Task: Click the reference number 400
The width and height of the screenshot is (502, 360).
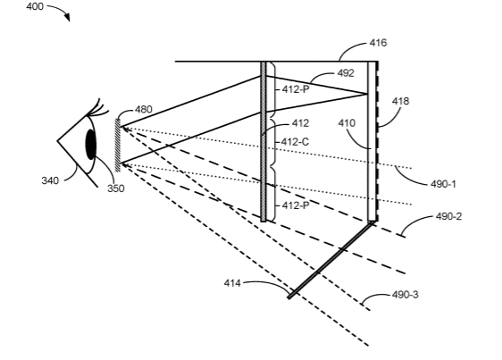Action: tap(35, 6)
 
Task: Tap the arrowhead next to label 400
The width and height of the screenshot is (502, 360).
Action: tap(67, 17)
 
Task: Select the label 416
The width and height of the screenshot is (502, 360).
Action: tap(378, 43)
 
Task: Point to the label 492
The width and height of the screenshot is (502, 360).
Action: tap(346, 73)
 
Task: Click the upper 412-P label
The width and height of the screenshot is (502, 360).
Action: tap(296, 89)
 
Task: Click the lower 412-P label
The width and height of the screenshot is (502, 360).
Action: tap(296, 205)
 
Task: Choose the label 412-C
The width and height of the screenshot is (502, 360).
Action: tap(295, 141)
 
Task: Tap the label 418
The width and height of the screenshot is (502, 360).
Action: tap(400, 101)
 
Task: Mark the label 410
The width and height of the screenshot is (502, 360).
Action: tap(347, 123)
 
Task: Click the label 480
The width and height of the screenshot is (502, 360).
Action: tap(143, 110)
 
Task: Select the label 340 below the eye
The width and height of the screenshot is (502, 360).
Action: tap(50, 180)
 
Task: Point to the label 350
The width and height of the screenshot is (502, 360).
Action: tap(115, 188)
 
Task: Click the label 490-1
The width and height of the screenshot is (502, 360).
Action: tap(443, 184)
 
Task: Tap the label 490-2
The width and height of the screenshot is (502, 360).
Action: tap(449, 216)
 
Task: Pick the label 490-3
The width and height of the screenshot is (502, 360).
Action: tap(406, 295)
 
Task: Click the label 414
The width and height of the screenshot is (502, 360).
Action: tap(232, 283)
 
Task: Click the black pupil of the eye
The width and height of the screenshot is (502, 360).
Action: tap(91, 144)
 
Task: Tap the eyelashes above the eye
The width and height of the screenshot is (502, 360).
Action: tap(98, 108)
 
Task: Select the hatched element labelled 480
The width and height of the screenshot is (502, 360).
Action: tap(118, 146)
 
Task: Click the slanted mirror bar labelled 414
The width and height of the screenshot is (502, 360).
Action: tap(330, 260)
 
